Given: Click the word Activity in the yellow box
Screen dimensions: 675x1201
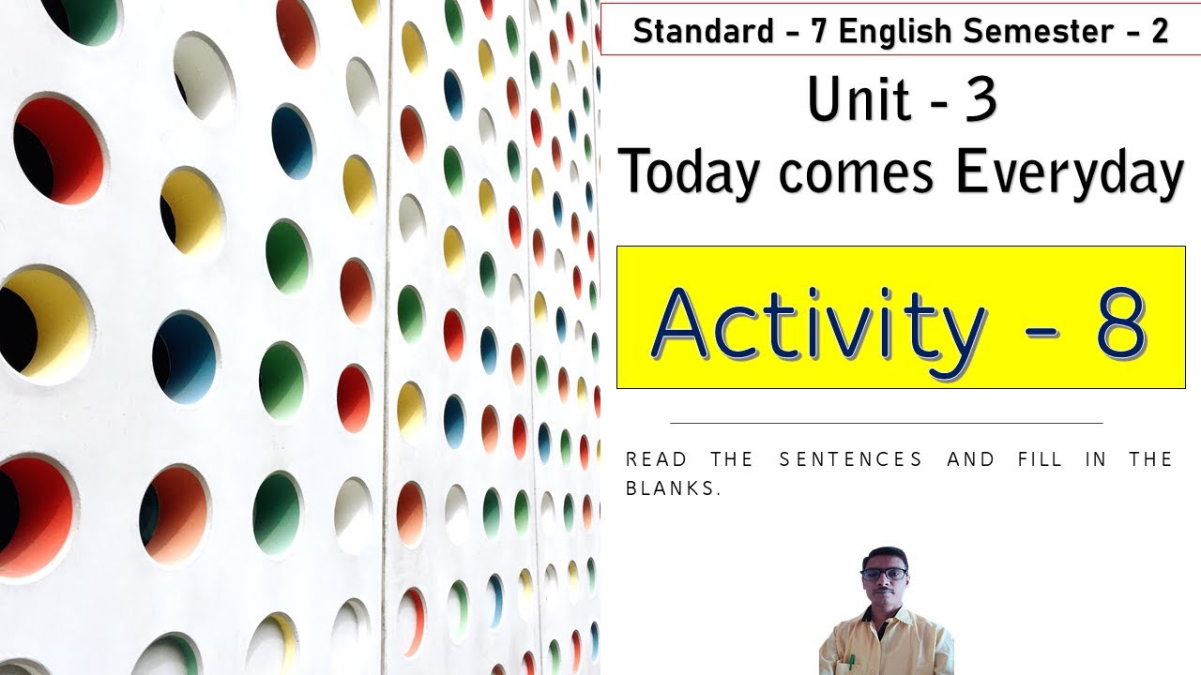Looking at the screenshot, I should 817,323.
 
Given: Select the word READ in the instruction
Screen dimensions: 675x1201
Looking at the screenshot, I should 656,459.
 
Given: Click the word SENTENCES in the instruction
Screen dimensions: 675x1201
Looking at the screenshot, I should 851,459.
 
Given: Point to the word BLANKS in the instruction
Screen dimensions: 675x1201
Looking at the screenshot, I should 673,489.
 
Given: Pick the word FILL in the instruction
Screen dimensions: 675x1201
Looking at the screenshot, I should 1041,459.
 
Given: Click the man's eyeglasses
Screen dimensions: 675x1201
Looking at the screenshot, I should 884,574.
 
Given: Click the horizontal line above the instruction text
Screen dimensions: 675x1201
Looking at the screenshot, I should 886,423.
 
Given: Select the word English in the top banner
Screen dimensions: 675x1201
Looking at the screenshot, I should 896,31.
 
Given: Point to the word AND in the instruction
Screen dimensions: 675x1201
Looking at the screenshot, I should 970,459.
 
